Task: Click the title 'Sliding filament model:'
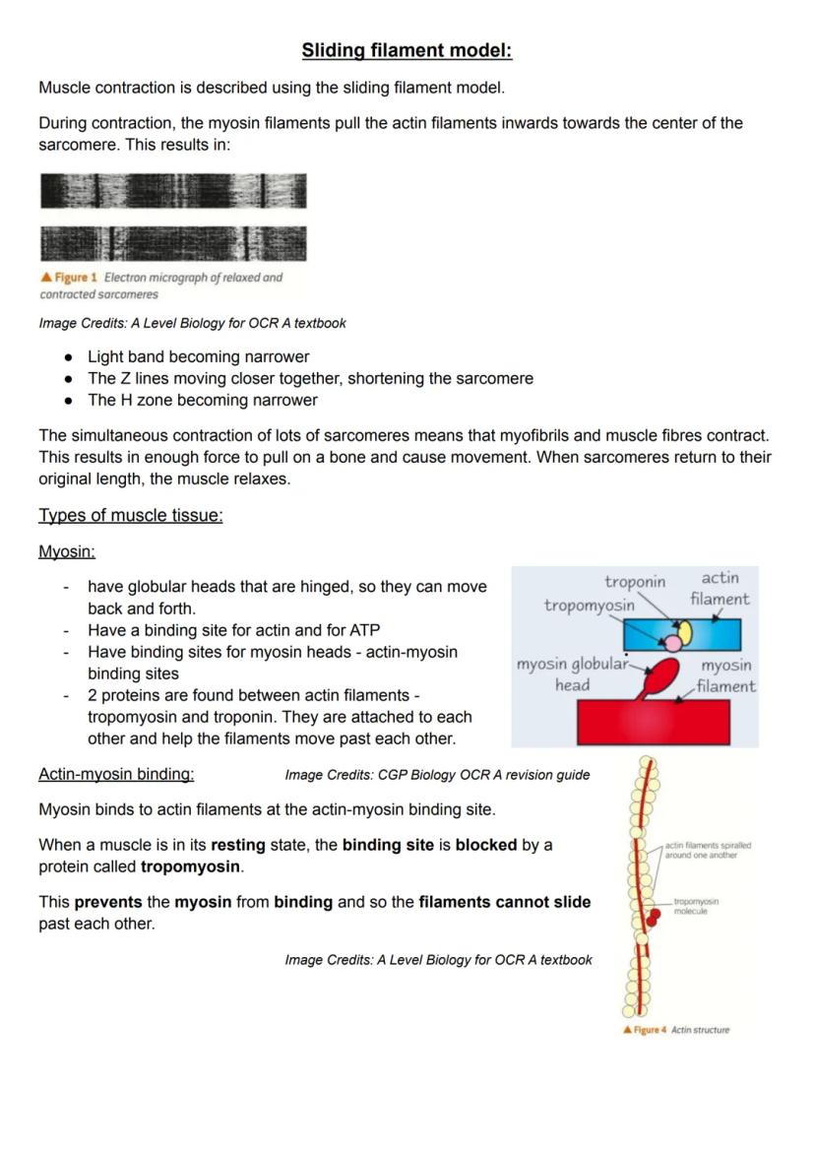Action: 407,50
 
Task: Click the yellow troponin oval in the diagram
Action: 684,631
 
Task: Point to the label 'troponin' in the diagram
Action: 635,582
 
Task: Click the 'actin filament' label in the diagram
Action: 720,588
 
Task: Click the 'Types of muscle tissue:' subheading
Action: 130,516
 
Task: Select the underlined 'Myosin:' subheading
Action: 66,552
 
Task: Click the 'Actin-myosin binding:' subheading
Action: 115,774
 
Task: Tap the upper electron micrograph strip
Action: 173,191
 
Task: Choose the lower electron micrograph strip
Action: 173,243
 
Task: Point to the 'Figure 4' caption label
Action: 646,1030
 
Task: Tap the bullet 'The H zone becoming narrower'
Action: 203,400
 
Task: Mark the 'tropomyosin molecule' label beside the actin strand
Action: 696,905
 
